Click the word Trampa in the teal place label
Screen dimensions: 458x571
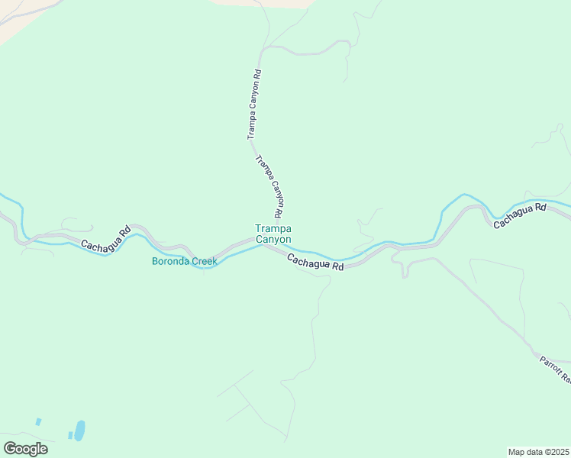[273, 228]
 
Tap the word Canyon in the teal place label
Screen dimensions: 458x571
[273, 239]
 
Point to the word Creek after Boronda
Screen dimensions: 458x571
[204, 261]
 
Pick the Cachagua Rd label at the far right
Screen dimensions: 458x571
[520, 215]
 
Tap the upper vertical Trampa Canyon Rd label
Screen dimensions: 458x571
[254, 105]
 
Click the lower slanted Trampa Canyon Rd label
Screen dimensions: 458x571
[271, 185]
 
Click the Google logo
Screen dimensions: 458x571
[25, 448]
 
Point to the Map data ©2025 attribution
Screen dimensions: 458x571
[538, 451]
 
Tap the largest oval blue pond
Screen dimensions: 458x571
[79, 430]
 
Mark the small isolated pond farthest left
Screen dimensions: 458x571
[38, 421]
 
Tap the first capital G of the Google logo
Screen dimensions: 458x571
[10, 448]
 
